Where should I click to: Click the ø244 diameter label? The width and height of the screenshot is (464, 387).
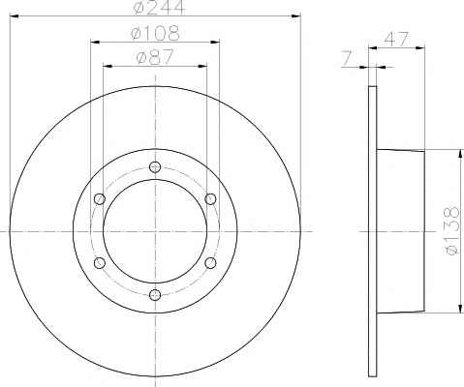click(x=159, y=7)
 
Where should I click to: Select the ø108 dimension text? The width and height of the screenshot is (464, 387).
click(x=155, y=33)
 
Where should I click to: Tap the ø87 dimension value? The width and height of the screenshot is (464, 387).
click(x=155, y=57)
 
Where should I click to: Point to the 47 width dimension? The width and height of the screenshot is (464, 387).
click(x=396, y=39)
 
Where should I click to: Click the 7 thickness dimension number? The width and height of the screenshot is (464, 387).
click(x=346, y=58)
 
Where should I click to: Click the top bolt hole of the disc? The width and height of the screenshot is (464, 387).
click(x=155, y=166)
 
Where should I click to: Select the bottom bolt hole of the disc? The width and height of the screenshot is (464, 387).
click(x=155, y=294)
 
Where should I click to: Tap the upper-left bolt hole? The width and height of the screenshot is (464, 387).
click(x=100, y=199)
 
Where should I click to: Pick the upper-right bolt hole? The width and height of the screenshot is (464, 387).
click(x=210, y=198)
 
